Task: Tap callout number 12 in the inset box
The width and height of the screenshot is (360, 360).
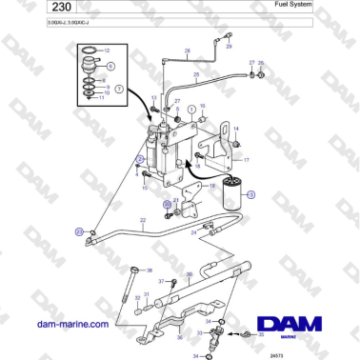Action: (107, 49)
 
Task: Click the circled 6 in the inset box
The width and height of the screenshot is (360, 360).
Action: (111, 68)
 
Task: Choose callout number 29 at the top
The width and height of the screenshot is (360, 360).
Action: (230, 45)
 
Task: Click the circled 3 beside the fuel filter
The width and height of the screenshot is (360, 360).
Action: (251, 194)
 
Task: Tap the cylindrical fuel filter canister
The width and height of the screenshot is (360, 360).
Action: (230, 194)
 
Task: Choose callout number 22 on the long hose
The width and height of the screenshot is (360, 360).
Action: (143, 220)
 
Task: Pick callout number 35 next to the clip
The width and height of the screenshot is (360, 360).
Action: (262, 336)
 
